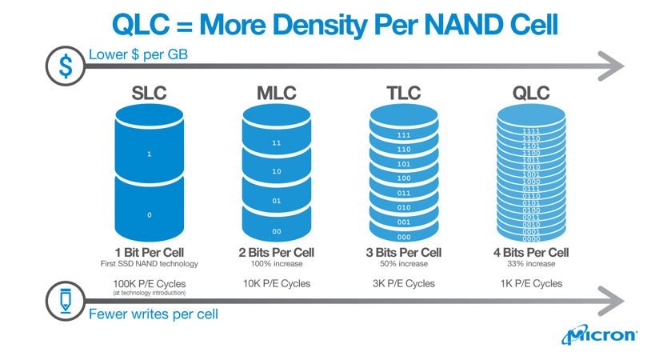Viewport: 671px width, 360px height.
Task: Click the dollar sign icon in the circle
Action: pos(66,66)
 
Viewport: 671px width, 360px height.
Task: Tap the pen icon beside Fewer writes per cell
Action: pos(66,301)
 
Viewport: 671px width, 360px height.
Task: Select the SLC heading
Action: pos(149,94)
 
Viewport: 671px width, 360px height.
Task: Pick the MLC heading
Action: pos(276,94)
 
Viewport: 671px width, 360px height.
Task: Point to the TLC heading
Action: pos(404,94)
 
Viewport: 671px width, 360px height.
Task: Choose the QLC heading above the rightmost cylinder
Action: pos(531,94)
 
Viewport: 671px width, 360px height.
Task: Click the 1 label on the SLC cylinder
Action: pos(149,154)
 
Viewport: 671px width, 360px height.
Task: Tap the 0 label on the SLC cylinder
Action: pos(149,214)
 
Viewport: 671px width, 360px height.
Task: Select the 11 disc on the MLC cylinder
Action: pos(276,143)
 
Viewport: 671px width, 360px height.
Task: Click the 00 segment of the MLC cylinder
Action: pos(276,231)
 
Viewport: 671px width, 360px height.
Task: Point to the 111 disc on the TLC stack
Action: pos(404,135)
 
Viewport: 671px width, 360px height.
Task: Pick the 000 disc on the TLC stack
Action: pos(404,237)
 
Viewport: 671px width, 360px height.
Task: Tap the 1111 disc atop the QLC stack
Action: pos(531,131)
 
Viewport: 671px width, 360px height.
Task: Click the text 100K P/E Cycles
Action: pos(149,283)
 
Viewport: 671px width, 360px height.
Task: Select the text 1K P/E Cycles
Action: pos(531,283)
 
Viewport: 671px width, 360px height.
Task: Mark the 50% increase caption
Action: pos(404,264)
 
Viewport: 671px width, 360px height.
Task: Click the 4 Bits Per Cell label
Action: pos(531,252)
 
